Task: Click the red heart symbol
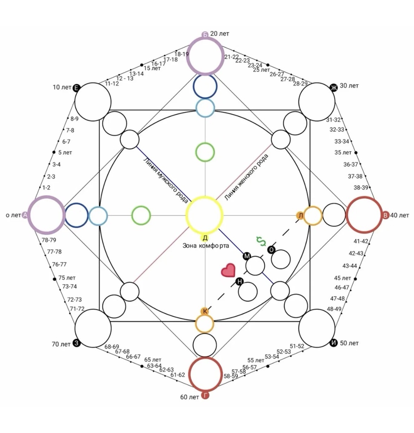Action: point(228,270)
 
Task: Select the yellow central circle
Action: point(205,215)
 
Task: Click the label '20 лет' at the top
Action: point(219,34)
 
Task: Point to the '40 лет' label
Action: point(400,215)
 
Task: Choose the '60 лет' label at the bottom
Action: point(190,397)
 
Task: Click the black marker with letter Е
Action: point(76,88)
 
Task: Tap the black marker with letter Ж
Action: point(334,87)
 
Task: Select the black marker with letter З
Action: point(76,344)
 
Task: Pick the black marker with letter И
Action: point(334,343)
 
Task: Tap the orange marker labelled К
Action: point(205,311)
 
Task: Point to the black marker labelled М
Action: point(247,256)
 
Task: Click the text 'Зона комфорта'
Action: point(205,246)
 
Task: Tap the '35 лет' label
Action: point(343,153)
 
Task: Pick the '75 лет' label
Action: point(67,278)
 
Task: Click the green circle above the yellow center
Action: point(205,152)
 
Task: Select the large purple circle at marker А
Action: point(46,215)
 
